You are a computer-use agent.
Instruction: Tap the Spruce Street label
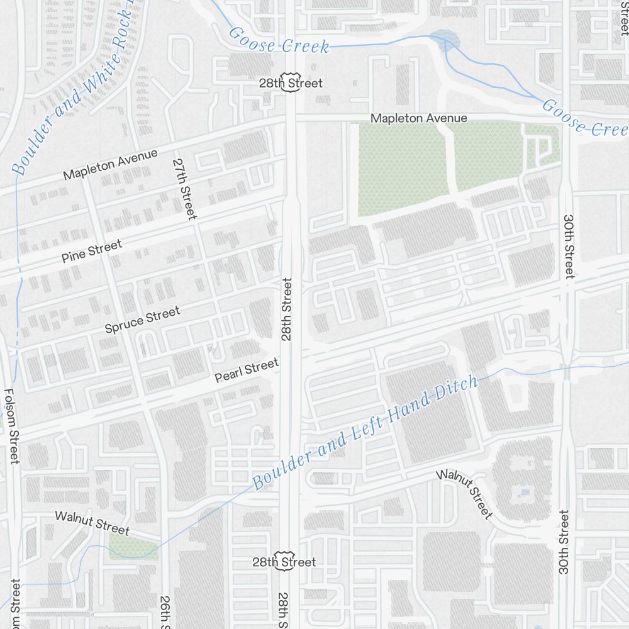[x=142, y=319]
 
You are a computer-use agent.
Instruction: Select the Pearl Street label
[x=246, y=370]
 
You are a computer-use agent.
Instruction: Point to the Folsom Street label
[x=13, y=426]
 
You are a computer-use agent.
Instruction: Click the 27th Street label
[x=184, y=188]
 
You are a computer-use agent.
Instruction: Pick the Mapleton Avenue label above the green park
[x=418, y=118]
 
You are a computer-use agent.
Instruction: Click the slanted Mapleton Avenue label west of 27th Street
[x=110, y=164]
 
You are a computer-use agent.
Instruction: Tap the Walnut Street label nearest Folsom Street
[x=92, y=522]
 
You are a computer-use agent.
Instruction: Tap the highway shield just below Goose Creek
[x=290, y=84]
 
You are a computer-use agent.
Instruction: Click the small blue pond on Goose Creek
[x=444, y=40]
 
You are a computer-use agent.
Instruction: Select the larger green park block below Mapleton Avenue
[x=403, y=169]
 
